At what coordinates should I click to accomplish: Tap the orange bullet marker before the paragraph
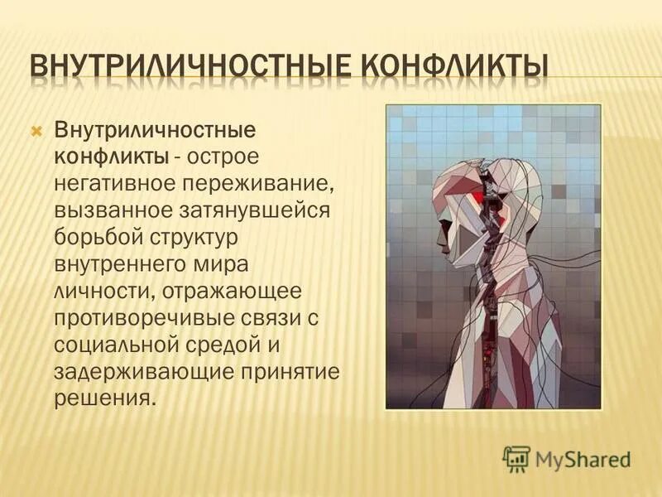36,131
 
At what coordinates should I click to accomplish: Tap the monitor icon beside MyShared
516,457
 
